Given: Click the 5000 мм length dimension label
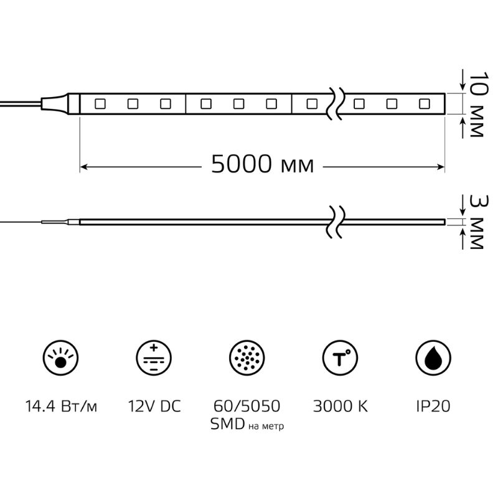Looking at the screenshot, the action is pyautogui.click(x=262, y=164).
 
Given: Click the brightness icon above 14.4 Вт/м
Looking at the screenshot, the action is pyautogui.click(x=60, y=357).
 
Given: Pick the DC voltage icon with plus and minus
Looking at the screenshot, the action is pyautogui.click(x=154, y=357).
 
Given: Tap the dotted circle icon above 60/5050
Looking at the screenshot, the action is pyautogui.click(x=247, y=357).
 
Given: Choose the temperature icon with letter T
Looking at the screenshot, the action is pyautogui.click(x=340, y=357).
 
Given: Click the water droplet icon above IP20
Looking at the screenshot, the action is pyautogui.click(x=433, y=357).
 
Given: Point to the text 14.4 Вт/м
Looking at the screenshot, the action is pyautogui.click(x=61, y=406).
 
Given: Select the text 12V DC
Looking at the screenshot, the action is pyautogui.click(x=154, y=406).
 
